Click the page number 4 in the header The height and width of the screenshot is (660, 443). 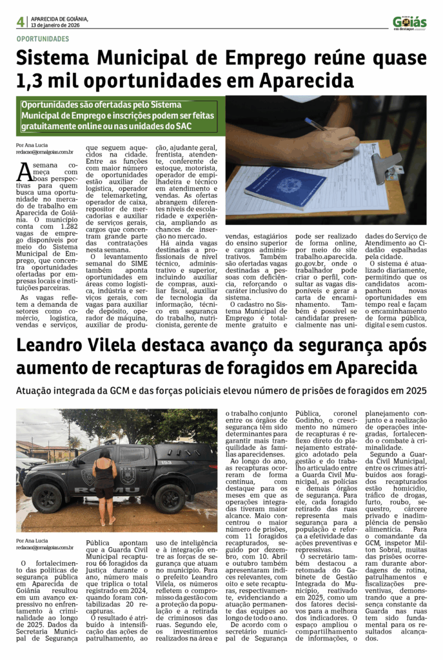(x=21, y=22)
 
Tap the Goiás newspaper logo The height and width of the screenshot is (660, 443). (x=409, y=23)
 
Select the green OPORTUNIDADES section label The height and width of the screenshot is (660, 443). (x=43, y=39)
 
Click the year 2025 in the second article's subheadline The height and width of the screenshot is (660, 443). (x=413, y=391)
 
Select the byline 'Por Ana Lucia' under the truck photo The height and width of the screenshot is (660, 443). (x=34, y=541)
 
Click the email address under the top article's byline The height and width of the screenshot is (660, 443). (x=44, y=153)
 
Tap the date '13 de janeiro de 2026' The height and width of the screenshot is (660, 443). (x=56, y=25)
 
